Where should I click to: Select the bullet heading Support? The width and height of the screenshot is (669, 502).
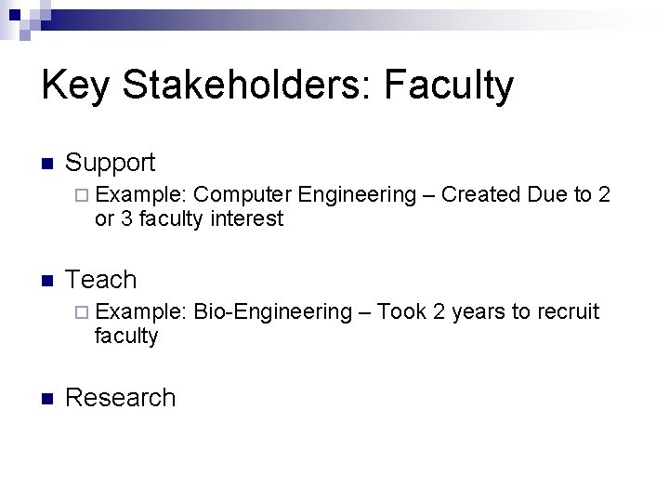click(x=111, y=163)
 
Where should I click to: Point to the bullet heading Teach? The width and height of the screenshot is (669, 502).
click(x=101, y=280)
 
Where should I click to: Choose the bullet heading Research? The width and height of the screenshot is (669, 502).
click(x=121, y=398)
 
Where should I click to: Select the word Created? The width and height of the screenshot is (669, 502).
click(x=481, y=194)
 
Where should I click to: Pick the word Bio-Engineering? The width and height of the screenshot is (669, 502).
click(x=275, y=312)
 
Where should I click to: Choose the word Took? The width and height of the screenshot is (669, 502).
click(x=401, y=312)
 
